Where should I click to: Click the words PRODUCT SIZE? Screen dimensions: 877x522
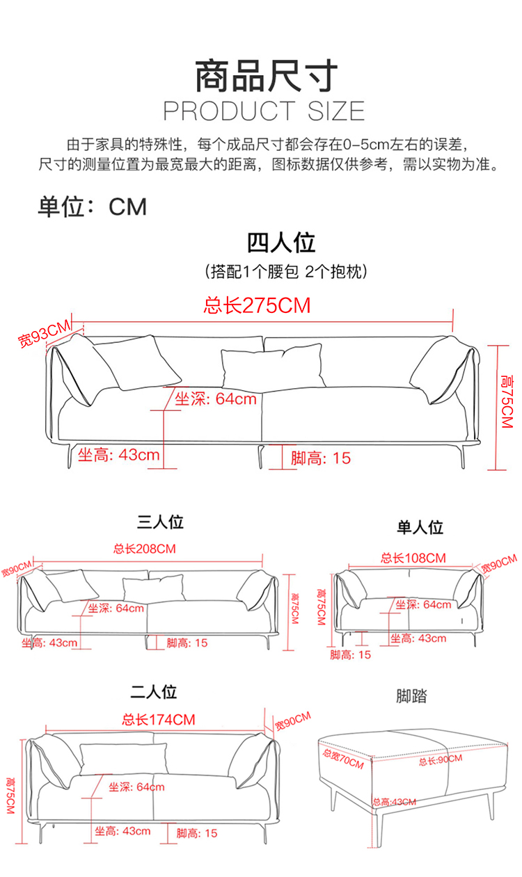point(264,111)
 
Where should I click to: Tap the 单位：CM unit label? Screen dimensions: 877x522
point(93,207)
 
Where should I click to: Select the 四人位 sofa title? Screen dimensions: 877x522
point(281,243)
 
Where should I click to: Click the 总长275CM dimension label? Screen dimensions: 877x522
point(257,305)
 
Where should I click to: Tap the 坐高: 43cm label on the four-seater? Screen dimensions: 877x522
point(118,455)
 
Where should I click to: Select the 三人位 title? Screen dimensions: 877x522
point(160,522)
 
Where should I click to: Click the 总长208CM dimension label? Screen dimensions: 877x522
point(145,549)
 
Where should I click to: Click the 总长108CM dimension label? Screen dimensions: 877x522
point(413,558)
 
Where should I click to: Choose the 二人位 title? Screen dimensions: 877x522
point(154,691)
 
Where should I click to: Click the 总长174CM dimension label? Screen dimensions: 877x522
point(159,719)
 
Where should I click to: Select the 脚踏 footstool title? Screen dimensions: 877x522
point(411,695)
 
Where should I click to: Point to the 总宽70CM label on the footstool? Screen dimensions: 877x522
point(342,758)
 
